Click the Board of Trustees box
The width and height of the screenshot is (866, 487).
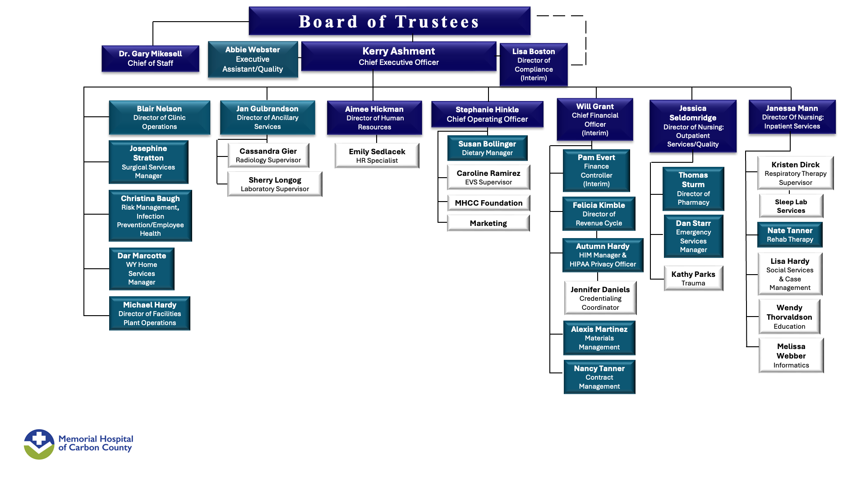389,21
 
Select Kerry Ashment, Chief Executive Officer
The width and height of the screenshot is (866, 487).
399,56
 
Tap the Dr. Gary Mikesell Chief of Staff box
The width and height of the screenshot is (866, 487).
150,59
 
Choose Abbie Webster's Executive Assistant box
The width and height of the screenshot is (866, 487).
253,59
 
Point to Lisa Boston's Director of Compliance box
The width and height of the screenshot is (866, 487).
534,64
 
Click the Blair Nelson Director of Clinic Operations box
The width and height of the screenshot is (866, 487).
159,117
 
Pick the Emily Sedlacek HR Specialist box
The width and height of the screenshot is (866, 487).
377,156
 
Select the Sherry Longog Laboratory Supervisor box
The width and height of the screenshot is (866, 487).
275,184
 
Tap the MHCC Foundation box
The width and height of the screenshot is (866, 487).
488,203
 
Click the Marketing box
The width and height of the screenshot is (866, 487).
488,223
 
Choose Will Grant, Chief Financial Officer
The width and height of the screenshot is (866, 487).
595,119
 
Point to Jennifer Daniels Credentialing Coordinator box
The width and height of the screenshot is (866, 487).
600,298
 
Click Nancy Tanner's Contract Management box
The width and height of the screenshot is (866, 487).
599,377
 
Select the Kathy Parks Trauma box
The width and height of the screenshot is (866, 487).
693,278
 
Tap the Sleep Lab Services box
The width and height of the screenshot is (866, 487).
791,206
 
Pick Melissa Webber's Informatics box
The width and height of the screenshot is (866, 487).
791,355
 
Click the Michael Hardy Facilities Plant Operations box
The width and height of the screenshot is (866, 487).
150,313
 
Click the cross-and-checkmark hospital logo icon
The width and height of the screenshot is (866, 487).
39,444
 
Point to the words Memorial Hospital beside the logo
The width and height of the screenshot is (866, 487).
96,439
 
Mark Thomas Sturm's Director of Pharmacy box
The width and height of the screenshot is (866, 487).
693,188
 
